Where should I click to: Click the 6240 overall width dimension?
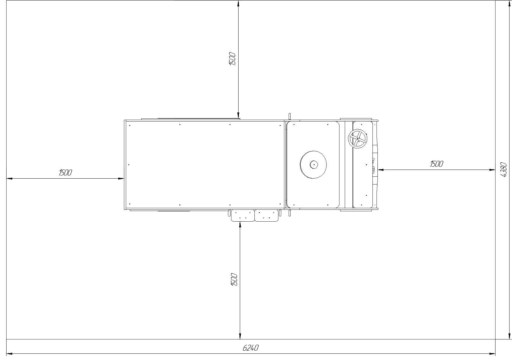pyautogui.click(x=250, y=348)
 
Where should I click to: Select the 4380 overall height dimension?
pyautogui.click(x=504, y=170)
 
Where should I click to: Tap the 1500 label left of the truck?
pyautogui.click(x=65, y=173)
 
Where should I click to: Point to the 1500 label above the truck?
pyautogui.click(x=232, y=59)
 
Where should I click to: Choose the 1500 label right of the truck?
pyautogui.click(x=437, y=164)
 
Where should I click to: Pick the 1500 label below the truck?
pyautogui.click(x=234, y=280)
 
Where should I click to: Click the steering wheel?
pyautogui.click(x=358, y=139)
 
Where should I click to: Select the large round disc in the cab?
pyautogui.click(x=313, y=165)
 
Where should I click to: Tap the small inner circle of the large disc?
pyautogui.click(x=314, y=165)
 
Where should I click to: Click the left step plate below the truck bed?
pyautogui.click(x=243, y=215)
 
